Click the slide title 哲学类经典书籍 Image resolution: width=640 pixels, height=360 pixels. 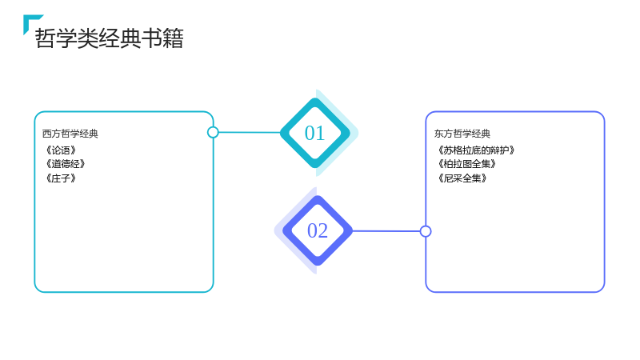coord(110,38)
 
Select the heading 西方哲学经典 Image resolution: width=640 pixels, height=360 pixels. coord(70,134)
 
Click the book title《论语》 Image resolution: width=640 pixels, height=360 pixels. coord(61,150)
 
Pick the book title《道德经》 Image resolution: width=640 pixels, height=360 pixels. coord(65,164)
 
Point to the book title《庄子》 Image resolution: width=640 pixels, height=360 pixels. coord(61,178)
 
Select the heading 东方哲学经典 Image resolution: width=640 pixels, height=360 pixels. coord(462,134)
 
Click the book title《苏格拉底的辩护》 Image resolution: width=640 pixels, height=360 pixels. coord(475,150)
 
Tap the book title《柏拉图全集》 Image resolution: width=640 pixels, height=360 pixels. coord(466,164)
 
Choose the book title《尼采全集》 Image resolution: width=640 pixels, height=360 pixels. coord(462,178)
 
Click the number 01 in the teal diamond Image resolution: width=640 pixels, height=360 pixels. coord(314,133)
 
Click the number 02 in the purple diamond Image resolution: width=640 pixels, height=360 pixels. coord(318,230)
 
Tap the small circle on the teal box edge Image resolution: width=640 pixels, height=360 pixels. coord(213,132)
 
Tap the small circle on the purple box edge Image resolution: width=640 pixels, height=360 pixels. coord(426,231)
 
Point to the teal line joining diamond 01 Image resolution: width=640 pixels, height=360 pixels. coord(250,132)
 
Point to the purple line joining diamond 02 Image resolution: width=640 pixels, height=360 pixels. coord(386,231)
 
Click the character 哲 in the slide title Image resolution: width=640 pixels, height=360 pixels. coord(45,38)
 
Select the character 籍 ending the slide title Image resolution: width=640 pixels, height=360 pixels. coord(173,38)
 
